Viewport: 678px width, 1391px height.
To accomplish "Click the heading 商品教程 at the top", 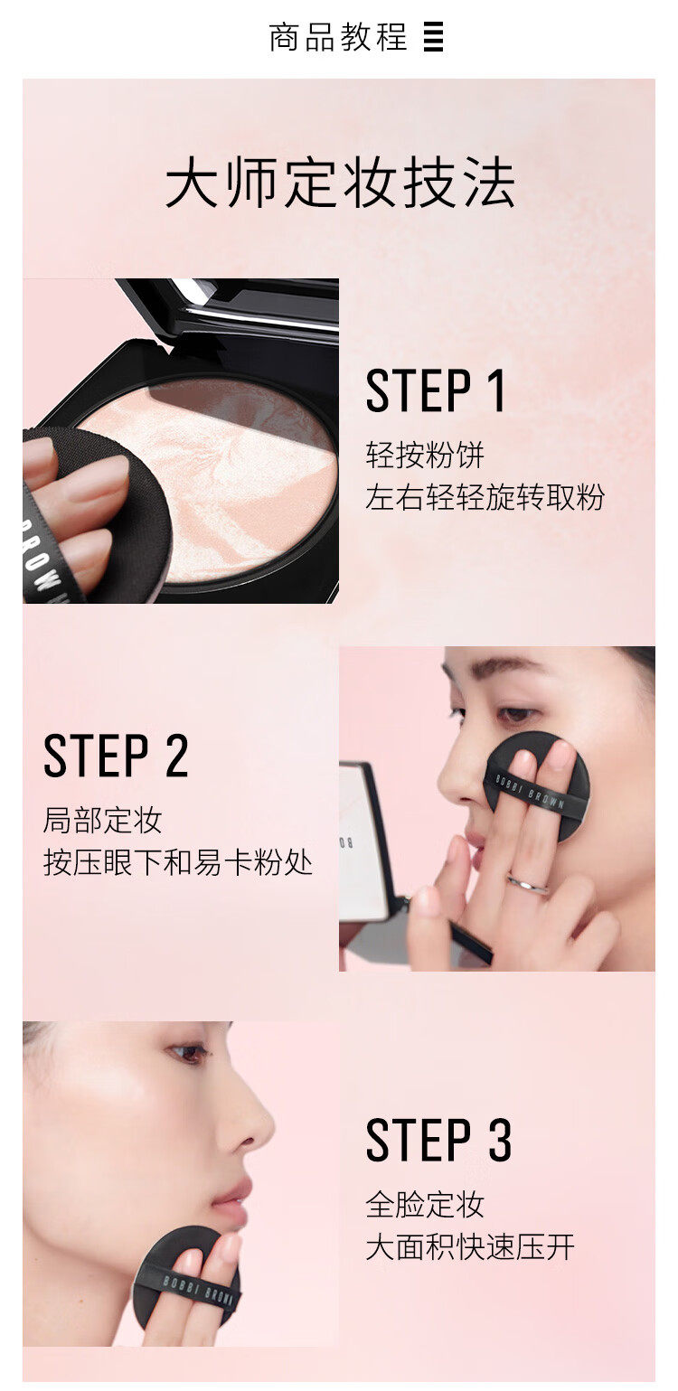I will (x=338, y=38).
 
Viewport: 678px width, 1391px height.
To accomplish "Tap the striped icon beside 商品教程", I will (x=434, y=38).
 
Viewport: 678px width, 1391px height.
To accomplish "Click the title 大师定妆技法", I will (x=340, y=184).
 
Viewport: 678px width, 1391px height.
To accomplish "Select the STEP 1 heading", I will (x=436, y=391).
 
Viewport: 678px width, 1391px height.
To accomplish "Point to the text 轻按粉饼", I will (x=425, y=454).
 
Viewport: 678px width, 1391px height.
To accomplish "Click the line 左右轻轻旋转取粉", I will (x=485, y=496).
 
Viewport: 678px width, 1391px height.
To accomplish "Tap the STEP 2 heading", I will (x=116, y=757).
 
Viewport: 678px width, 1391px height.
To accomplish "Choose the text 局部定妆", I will (x=102, y=820).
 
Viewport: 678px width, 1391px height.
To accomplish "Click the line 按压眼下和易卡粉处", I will (x=178, y=862).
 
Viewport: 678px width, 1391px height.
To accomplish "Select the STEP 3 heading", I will (x=438, y=1141).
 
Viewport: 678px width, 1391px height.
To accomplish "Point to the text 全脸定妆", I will (x=425, y=1204).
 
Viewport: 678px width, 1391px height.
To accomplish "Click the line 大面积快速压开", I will (x=470, y=1248).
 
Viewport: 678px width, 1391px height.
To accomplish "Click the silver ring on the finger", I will (x=527, y=885).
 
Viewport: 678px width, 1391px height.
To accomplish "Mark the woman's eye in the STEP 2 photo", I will (x=517, y=714).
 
